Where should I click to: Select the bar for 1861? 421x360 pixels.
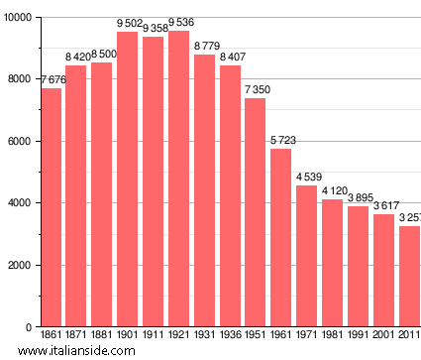click(52, 207)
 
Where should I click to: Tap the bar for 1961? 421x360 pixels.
click(281, 238)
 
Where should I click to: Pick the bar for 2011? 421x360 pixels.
click(409, 277)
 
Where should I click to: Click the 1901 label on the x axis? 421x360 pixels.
click(128, 335)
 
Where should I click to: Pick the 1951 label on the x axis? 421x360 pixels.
click(256, 335)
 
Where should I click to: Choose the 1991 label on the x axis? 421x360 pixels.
click(358, 335)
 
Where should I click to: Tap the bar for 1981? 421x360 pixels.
click(333, 263)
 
